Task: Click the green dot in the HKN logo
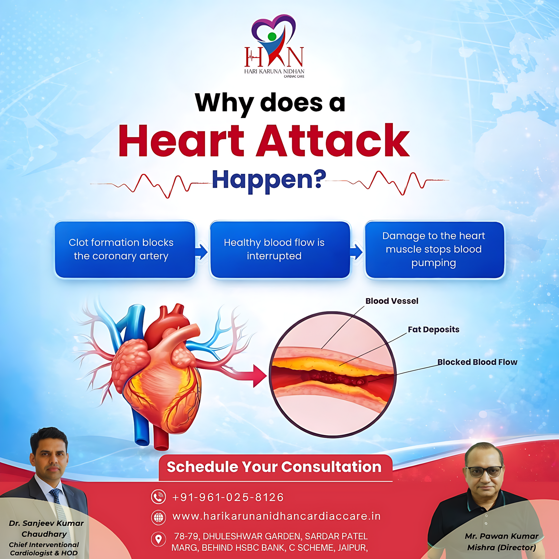coord(272,36)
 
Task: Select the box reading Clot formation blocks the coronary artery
coord(125,249)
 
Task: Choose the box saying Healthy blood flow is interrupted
coord(280,249)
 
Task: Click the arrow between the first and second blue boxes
coord(201,251)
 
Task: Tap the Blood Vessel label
coord(392,301)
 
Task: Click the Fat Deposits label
coord(433,330)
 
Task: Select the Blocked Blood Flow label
coord(477,362)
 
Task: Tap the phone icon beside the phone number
coord(159,497)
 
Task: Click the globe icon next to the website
coord(159,517)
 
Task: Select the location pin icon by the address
coord(159,539)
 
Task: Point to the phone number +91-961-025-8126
coord(228,497)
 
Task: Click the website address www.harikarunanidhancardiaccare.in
coord(277,516)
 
